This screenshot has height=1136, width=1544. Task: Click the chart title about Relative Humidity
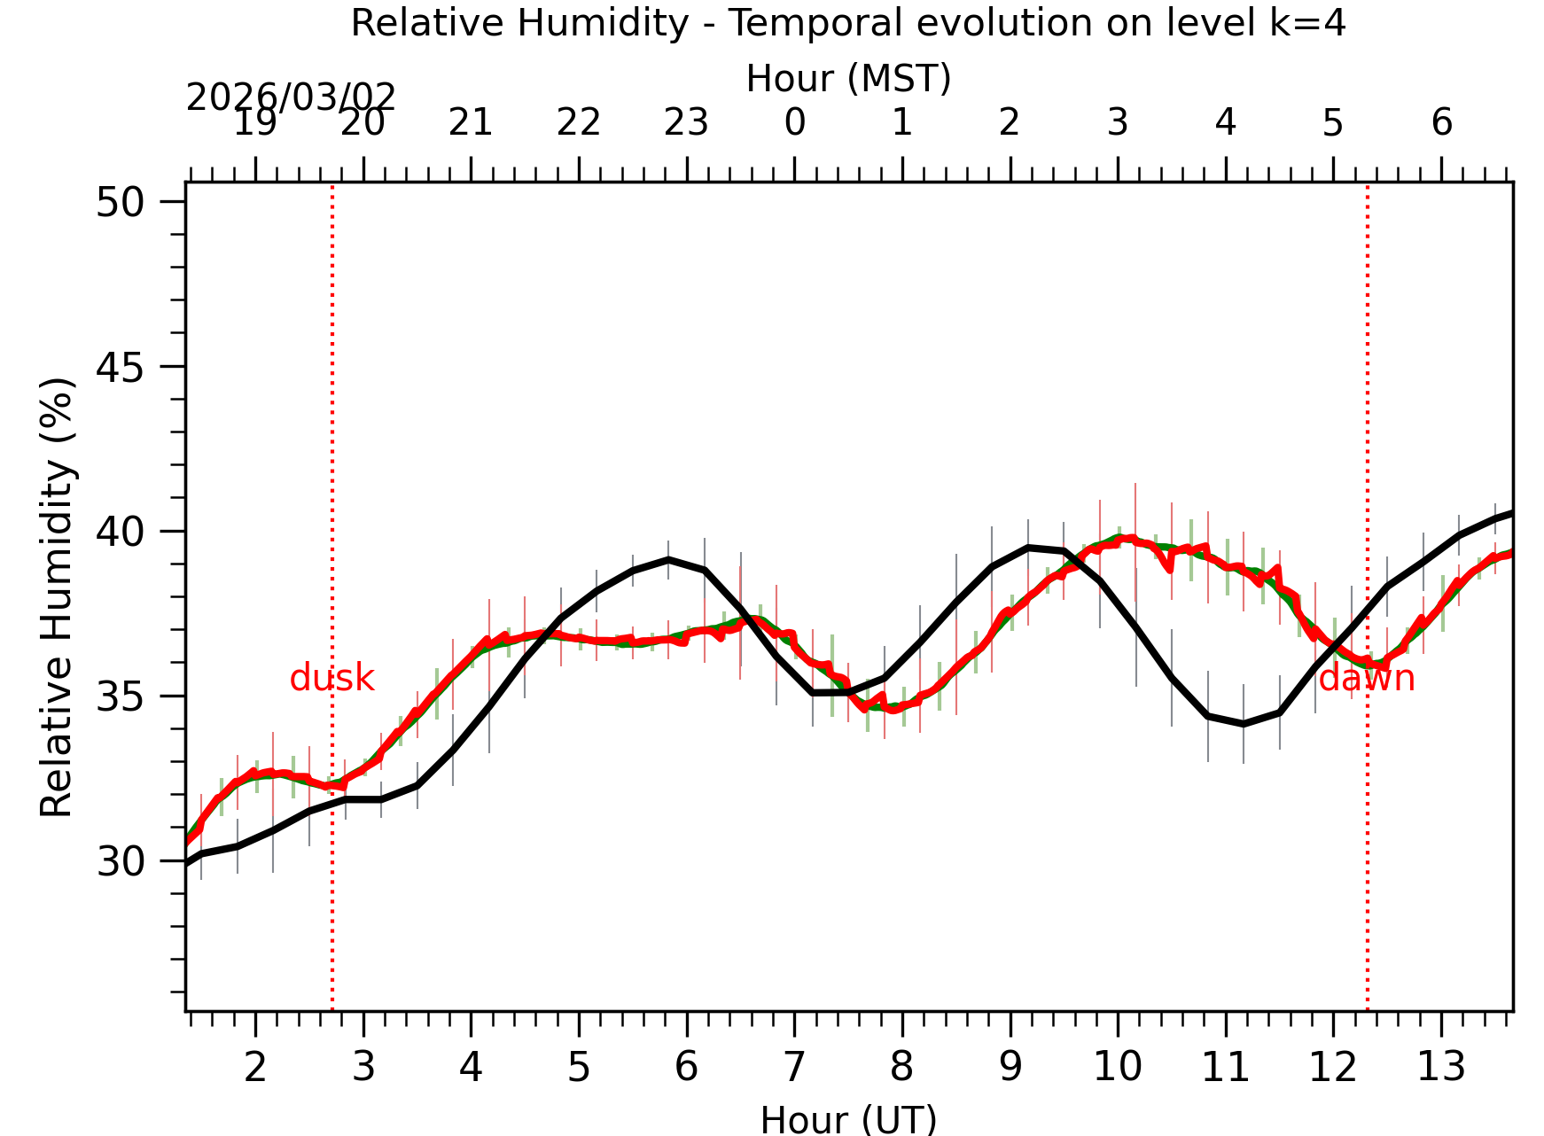click(x=848, y=23)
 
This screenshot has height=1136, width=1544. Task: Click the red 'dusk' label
click(x=331, y=678)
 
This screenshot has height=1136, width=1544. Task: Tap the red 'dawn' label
click(x=1366, y=679)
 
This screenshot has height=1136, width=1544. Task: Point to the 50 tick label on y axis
click(x=120, y=202)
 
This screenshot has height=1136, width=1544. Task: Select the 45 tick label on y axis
click(x=120, y=367)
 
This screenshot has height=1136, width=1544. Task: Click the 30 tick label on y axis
click(x=120, y=861)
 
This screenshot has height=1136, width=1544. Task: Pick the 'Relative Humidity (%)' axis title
click(x=57, y=597)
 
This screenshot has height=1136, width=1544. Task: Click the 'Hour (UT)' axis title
click(x=848, y=1119)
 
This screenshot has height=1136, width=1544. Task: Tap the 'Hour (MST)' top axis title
click(x=848, y=79)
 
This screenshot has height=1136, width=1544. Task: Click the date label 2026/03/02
click(x=291, y=97)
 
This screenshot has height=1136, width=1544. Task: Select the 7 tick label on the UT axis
click(x=794, y=1067)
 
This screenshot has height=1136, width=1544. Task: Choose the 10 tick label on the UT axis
click(x=1117, y=1067)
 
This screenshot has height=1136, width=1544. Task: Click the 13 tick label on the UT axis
click(x=1441, y=1067)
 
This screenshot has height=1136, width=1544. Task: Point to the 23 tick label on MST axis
click(x=686, y=123)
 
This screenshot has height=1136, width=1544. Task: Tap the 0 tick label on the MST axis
click(x=794, y=123)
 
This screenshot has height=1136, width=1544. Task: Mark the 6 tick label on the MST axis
click(x=1441, y=123)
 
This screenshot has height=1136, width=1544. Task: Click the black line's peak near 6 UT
click(x=669, y=559)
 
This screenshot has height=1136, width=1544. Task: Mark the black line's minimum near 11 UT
click(x=1244, y=725)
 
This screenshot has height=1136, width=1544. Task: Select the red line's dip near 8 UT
click(x=893, y=710)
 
